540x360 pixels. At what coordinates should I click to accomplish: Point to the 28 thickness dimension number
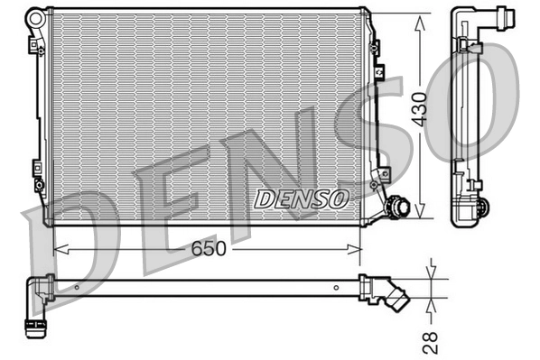(x=432, y=341)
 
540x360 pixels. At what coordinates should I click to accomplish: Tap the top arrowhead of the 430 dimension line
(x=419, y=21)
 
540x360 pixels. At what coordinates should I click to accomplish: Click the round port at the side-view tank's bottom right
(x=481, y=207)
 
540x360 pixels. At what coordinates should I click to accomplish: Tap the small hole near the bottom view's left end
(x=78, y=288)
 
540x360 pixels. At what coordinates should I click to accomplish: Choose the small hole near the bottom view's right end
(x=340, y=288)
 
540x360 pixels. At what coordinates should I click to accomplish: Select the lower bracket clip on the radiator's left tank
(x=36, y=171)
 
